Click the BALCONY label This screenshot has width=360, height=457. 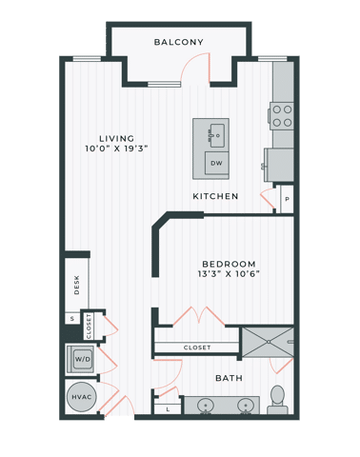pos(179,42)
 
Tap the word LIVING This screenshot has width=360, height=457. pos(117,138)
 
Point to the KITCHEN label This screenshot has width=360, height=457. pos(215,196)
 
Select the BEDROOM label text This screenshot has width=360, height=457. pos(229,263)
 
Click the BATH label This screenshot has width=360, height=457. pos(229,378)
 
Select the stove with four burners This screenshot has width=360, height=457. pos(282,115)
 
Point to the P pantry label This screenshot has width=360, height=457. pos(286,199)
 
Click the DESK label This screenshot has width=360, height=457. pos(76,284)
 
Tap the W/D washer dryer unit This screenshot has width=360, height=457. pos(80,360)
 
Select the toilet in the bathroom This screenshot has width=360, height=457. pos(278,399)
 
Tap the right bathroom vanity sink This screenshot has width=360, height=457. pos(246,407)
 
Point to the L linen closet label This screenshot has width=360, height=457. pos(168,408)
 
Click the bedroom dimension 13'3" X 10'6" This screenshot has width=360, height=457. pos(229,274)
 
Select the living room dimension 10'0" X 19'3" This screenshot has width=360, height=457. pos(117,149)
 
